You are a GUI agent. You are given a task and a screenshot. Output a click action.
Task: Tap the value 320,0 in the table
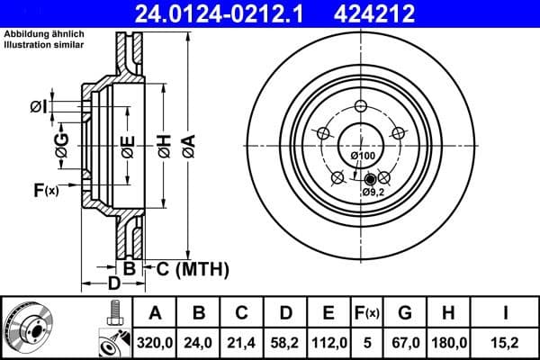point(155,341)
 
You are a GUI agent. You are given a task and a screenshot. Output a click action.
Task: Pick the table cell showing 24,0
point(199,341)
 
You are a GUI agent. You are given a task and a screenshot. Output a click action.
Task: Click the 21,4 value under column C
point(242,341)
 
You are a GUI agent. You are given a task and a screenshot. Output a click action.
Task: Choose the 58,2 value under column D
point(286,341)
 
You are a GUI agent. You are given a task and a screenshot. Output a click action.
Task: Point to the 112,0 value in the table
point(330,341)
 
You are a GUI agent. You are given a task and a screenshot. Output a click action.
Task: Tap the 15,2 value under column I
point(508,341)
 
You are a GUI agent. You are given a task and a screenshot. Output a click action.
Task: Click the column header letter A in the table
point(155,314)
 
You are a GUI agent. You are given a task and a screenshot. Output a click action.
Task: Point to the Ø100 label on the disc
point(363,157)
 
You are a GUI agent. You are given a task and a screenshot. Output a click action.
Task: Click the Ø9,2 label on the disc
point(374,192)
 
